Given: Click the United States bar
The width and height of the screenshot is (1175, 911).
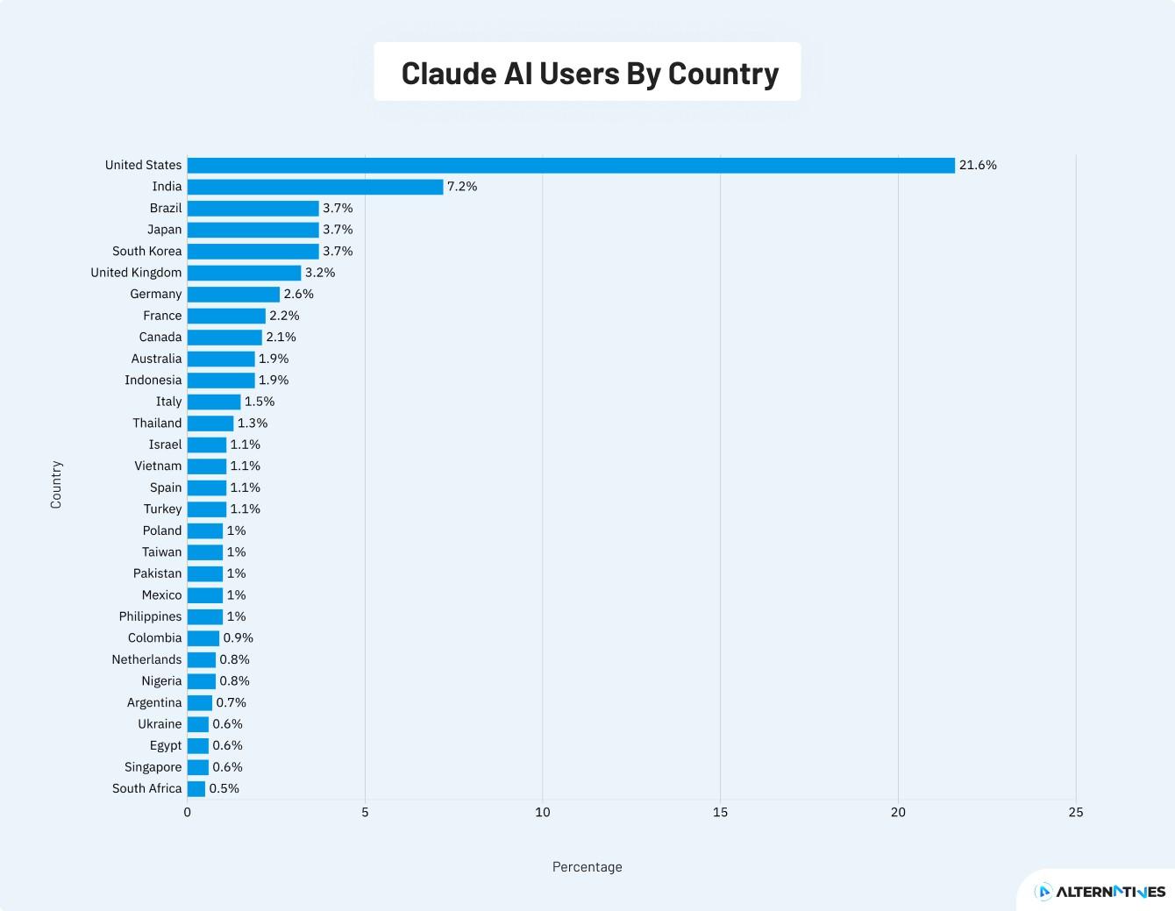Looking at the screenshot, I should point(570,166).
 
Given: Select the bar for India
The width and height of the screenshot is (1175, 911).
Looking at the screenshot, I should point(315,187).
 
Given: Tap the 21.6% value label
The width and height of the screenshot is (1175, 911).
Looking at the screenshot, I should point(978,166).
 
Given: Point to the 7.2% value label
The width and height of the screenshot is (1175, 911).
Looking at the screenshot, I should point(462,187).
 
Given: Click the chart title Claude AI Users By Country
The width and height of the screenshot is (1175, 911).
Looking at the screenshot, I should point(589,74).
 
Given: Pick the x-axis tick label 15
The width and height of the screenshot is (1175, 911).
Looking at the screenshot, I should point(720,813).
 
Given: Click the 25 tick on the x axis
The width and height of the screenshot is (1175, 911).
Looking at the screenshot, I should point(1075,813).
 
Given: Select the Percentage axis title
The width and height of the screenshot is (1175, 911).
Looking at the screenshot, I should point(587,867).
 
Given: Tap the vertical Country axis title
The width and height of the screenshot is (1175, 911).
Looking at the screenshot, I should point(56,484).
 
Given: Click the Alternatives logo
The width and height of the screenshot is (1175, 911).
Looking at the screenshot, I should point(1100,892).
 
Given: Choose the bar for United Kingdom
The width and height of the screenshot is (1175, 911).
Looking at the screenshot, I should point(244,273).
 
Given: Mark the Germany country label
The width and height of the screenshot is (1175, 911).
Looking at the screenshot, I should point(156,295).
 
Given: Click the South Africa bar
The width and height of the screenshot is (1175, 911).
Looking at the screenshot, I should point(196,789).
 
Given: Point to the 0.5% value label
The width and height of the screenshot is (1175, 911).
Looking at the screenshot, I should point(224,789).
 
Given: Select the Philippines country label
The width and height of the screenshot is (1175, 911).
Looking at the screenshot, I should point(151,617).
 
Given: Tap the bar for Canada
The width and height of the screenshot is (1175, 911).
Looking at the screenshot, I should point(224,338).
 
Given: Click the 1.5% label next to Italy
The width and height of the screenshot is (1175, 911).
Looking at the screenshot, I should point(260,402).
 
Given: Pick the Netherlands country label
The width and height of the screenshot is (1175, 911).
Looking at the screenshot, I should point(146,660).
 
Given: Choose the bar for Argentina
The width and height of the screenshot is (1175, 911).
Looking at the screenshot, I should point(200,703).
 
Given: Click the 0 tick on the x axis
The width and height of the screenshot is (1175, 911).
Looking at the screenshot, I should point(187,813).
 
